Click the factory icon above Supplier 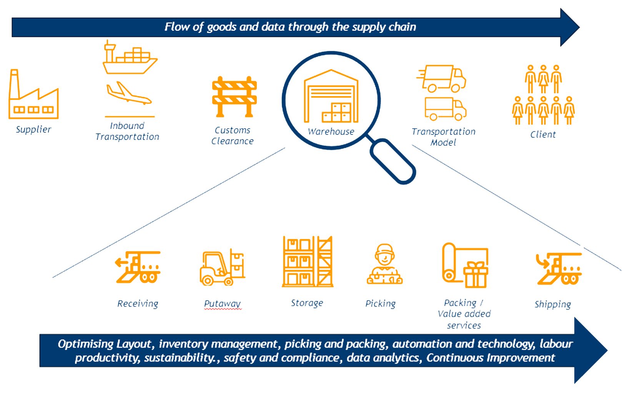[x=33, y=96]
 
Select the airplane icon [x=129, y=93]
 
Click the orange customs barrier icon [x=234, y=96]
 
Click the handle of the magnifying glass [x=392, y=161]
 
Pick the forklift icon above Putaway [x=222, y=268]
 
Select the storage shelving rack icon [x=307, y=262]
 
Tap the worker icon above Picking [x=384, y=264]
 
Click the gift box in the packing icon [x=476, y=274]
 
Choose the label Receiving [x=138, y=304]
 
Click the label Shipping [x=552, y=304]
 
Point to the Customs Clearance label [x=232, y=136]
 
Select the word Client [x=543, y=135]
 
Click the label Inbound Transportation [x=127, y=131]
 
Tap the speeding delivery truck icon [x=442, y=78]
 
